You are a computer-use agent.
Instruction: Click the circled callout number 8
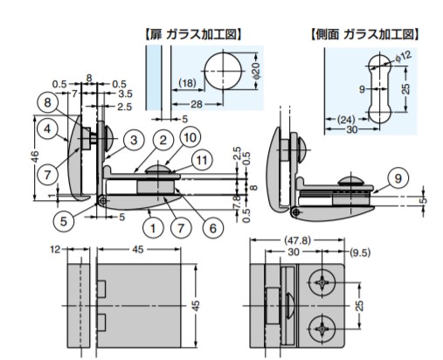[x=47, y=102]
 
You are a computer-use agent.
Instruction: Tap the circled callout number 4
[x=47, y=128]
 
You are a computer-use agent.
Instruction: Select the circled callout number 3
[x=134, y=140]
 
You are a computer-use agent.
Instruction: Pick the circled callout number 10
[x=190, y=137]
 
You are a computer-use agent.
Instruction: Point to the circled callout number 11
[x=202, y=160]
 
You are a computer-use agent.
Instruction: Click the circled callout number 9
[x=398, y=178]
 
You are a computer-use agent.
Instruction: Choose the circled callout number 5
[x=64, y=222]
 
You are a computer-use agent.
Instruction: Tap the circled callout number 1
[x=153, y=228]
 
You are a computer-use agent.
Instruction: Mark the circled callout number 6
[x=213, y=228]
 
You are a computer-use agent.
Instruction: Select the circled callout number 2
[x=163, y=140]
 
